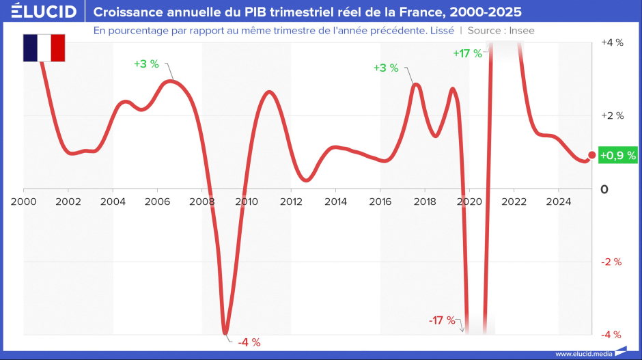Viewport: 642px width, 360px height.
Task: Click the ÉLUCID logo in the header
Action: coord(42,12)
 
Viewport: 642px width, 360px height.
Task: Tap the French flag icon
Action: coord(44,48)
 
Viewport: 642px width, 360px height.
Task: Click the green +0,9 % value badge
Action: coord(617,156)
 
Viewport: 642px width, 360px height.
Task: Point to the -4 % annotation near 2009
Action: coord(249,342)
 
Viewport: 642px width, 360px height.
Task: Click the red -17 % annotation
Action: coord(442,320)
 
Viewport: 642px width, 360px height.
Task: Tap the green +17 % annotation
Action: coord(468,53)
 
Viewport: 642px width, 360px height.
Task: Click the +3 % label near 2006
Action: coord(146,64)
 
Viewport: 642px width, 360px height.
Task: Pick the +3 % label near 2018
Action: coord(386,68)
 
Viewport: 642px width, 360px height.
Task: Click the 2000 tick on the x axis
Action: coord(24,202)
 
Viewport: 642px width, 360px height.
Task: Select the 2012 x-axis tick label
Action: coord(291,202)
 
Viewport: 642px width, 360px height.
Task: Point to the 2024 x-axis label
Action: coord(558,202)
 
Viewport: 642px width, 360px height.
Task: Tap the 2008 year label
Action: coord(202,202)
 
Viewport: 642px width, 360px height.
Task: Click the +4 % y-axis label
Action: coord(612,42)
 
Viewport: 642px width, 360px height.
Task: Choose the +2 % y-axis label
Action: coord(612,115)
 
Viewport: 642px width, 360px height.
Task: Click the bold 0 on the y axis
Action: coord(604,189)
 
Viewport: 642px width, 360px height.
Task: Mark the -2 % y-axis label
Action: coord(612,262)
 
